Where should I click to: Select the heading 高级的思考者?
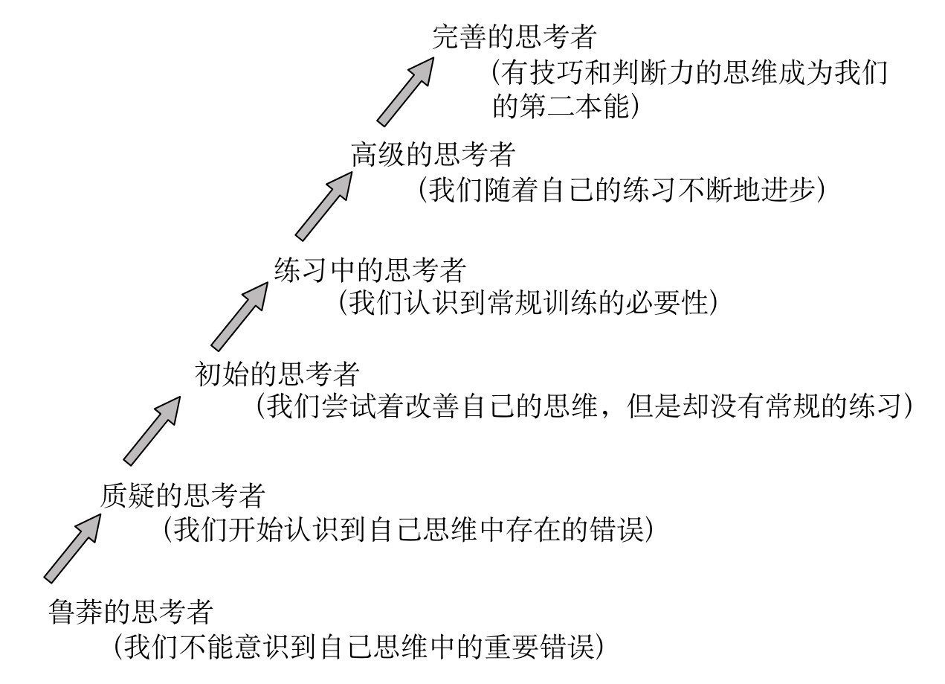coord(433,155)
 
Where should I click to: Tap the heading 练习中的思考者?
coord(370,268)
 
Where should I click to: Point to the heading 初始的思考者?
coord(277,372)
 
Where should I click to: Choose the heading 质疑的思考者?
coord(183,494)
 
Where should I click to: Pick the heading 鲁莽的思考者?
coord(131,613)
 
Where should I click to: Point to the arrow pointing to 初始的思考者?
coord(153,430)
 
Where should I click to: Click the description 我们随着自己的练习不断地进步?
coord(622,189)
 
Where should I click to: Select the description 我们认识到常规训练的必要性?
coord(529,303)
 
